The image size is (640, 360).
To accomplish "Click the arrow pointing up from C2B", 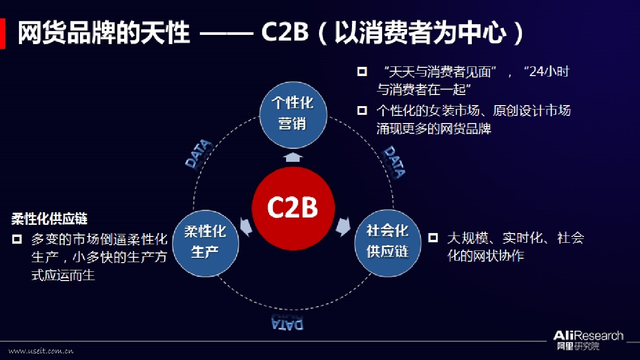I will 293,157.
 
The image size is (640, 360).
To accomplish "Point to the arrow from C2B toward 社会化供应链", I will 343,226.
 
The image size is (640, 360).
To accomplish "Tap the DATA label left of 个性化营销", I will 199,154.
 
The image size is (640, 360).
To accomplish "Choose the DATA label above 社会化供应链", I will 394,161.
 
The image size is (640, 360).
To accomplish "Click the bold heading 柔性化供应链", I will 49,219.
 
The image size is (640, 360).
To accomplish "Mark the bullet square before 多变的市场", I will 17,239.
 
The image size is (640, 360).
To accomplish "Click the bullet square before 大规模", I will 432,237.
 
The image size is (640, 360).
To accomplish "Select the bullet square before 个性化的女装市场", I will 362,110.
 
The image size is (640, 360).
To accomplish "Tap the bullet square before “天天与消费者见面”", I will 362,72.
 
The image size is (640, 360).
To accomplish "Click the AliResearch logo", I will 588,339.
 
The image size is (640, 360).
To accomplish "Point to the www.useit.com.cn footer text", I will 41,351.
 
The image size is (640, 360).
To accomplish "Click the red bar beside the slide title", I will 2,34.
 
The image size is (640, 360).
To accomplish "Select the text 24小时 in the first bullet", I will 549,72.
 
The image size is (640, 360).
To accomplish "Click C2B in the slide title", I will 285,33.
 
